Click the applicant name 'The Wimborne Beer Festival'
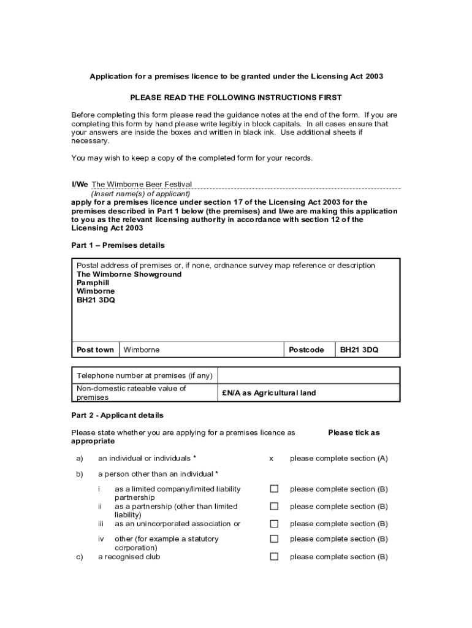tap(142, 184)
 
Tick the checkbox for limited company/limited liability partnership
tap(274, 489)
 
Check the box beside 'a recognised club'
tap(274, 557)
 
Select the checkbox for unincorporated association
tap(274, 524)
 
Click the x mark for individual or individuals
tap(271, 458)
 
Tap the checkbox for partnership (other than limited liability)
tap(274, 507)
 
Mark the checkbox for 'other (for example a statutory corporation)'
tap(274, 539)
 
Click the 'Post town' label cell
tap(95, 350)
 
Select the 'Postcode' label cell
tap(306, 350)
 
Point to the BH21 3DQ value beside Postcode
tap(359, 350)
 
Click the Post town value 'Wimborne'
tap(142, 350)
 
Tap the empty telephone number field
tap(308, 375)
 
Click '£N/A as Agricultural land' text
tap(268, 392)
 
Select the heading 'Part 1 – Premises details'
tap(118, 245)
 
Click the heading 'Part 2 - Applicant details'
tap(118, 415)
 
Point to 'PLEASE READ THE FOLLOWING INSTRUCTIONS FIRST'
tap(236, 98)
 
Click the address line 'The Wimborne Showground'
tap(129, 274)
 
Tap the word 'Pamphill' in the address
tap(93, 283)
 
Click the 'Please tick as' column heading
tap(354, 432)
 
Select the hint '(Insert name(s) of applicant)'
tap(141, 193)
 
